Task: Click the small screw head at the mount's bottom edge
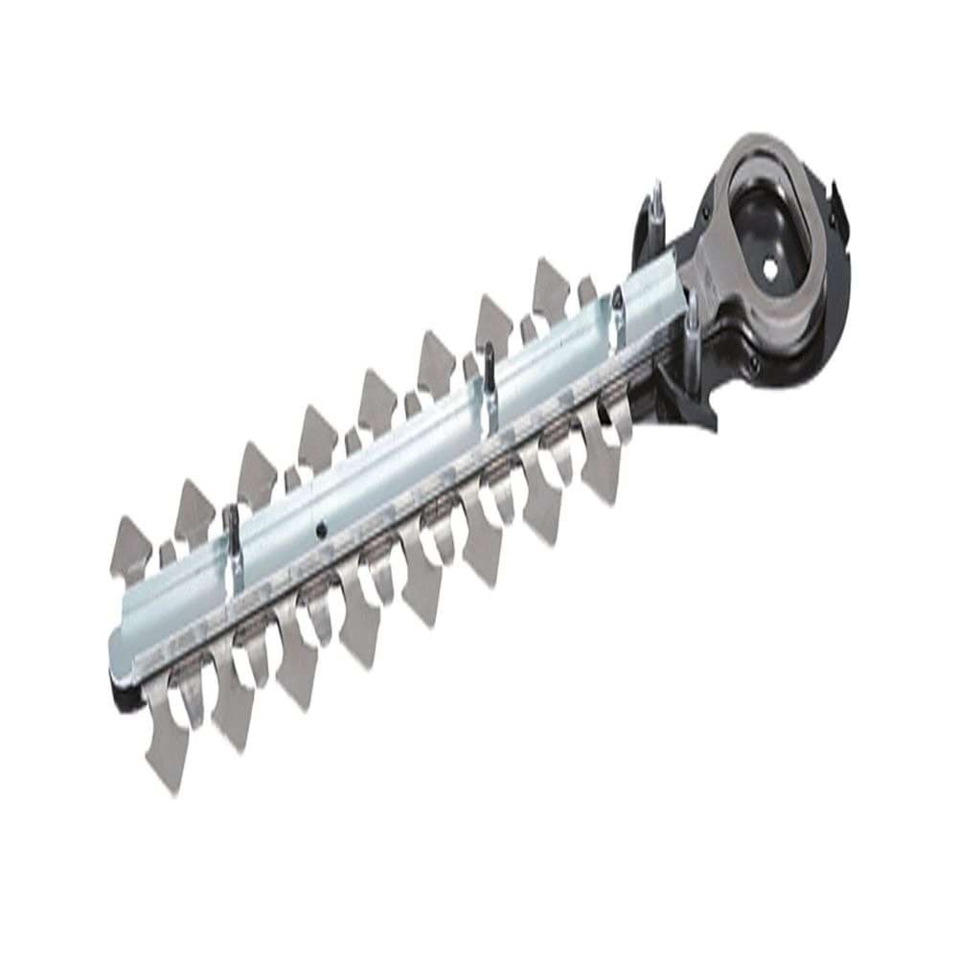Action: tap(753, 362)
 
